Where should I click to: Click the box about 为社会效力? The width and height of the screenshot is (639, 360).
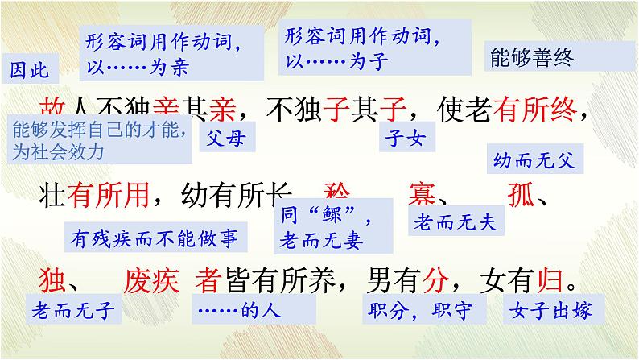pos(100,139)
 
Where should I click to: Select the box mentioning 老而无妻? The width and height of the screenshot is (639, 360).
pos(330,227)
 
